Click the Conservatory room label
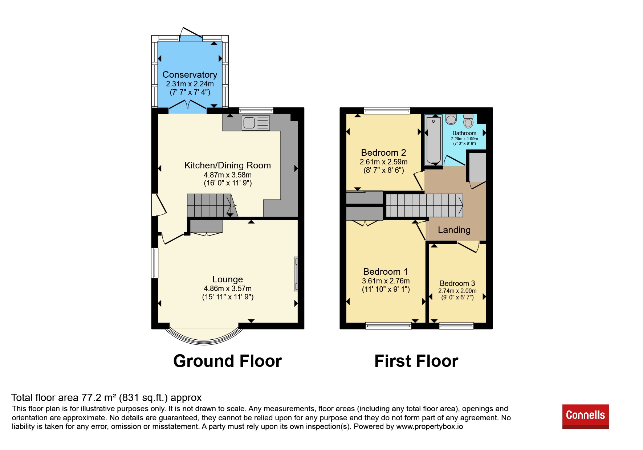(190, 74)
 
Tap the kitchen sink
(256, 123)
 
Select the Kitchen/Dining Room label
(228, 165)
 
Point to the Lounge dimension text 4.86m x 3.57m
(228, 289)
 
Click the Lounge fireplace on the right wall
(296, 274)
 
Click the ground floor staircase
(212, 205)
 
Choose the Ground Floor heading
(228, 361)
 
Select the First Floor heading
(416, 361)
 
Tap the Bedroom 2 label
(383, 152)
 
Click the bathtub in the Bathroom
(434, 140)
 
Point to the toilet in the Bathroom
(468, 121)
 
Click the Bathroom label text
(464, 133)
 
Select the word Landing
(454, 230)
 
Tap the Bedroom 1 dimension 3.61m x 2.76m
(386, 281)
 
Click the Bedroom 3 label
(457, 283)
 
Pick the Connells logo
(585, 417)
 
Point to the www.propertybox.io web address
(430, 426)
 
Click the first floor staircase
(424, 205)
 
